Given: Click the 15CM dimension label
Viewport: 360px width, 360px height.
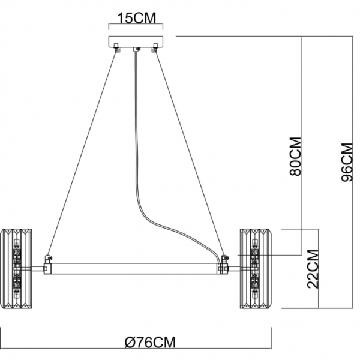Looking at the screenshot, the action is pos(136,18).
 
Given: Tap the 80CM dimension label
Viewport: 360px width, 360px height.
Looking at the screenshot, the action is pos(295,157).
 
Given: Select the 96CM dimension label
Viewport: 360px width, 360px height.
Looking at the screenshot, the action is pos(347,163).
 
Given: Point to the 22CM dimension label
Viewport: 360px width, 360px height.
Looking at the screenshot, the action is pos(313,269).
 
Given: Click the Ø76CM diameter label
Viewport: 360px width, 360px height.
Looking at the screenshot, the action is pos(150,343).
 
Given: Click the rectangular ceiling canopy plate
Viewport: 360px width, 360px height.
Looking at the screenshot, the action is pos(136,42).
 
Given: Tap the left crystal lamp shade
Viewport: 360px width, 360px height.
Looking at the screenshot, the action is pos(16,269).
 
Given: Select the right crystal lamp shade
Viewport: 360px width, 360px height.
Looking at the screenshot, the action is pos(255,269).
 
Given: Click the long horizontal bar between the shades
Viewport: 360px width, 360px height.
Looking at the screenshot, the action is pos(136,269).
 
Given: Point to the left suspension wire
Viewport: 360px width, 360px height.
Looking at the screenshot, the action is pos(82,152).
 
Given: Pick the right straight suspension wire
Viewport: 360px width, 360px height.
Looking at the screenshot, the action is pos(190,152).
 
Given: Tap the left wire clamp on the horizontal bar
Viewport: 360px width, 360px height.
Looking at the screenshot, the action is pos(48,265).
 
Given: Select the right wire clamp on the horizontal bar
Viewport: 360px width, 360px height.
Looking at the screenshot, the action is pos(223,265).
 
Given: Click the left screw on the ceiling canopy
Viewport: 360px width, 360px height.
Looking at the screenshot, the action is pos(116,47).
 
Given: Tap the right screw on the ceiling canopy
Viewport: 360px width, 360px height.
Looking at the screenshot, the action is pos(154,47).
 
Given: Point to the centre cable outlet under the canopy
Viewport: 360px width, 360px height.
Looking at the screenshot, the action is pos(137,49).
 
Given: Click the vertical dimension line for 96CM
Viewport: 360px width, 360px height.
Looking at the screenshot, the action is pos(353,172).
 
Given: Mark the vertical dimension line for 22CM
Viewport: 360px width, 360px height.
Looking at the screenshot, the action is pos(319,269).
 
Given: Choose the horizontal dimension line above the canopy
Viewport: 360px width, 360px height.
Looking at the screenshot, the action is pos(136,23).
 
